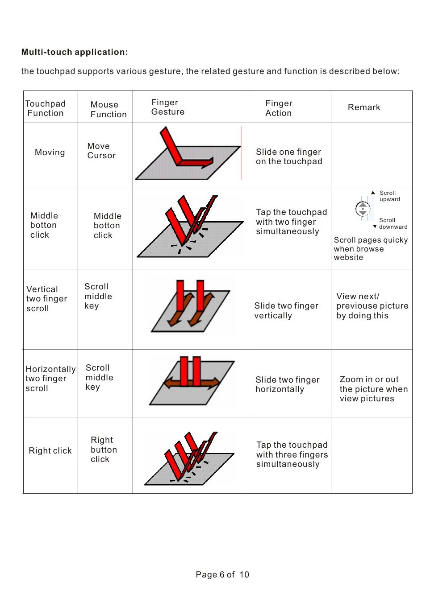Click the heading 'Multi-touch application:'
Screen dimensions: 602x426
coord(75,52)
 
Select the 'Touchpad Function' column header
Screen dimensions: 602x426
coord(46,108)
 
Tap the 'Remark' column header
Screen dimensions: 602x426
coord(364,107)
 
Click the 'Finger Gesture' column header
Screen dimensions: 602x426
coord(167,107)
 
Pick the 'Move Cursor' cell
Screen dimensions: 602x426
coord(101,151)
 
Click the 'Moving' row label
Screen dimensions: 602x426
coord(50,153)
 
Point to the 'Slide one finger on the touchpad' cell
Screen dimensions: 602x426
coord(289,157)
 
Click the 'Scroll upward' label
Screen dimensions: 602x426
coord(389,196)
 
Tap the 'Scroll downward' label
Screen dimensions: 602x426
coord(393,223)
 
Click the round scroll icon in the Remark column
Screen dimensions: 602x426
coord(363,209)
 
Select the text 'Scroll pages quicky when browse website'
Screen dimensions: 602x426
coord(370,249)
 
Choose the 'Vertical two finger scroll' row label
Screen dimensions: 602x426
coord(46,299)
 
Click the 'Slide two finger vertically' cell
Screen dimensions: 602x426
coord(286,311)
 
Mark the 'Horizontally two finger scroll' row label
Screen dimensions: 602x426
coord(50,379)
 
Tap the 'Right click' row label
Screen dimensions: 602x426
coord(50,451)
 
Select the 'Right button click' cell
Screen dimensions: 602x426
coord(104,449)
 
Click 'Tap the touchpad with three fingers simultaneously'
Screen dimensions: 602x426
coord(292,454)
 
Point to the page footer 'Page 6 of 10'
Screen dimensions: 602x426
coord(222,575)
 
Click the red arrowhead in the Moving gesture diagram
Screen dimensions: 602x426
coord(208,162)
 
